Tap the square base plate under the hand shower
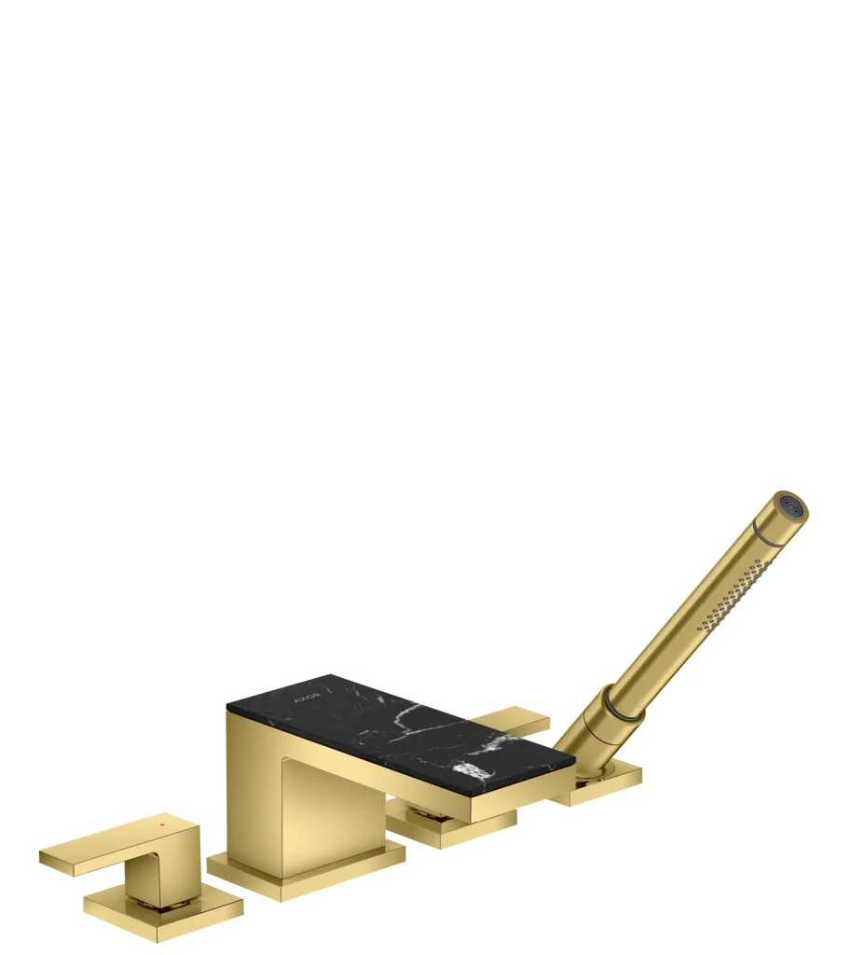point(604,782)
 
